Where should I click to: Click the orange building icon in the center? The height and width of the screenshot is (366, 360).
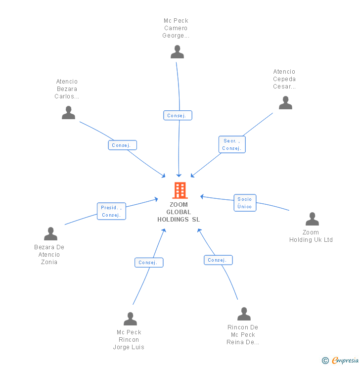[180, 190]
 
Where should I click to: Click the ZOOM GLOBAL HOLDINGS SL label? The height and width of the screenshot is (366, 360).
[179, 212]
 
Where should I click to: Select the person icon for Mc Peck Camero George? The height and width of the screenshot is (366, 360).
[177, 52]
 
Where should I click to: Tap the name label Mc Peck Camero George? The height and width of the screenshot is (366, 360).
[176, 28]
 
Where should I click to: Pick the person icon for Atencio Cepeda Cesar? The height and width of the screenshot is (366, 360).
[285, 103]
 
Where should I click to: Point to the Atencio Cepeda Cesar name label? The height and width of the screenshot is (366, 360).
[284, 79]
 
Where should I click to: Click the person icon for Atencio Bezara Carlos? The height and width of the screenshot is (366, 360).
[68, 113]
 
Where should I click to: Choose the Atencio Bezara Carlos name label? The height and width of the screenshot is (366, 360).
[67, 89]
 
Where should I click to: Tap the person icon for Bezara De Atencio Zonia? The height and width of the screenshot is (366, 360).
[50, 234]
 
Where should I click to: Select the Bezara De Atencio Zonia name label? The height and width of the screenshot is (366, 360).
[49, 255]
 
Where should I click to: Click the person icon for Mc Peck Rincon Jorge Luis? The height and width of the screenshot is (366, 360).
[130, 319]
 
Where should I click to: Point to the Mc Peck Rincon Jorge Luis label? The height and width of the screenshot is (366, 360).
[129, 340]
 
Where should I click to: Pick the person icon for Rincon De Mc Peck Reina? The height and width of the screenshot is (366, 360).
[244, 314]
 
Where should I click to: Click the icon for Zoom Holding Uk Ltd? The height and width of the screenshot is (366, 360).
[312, 219]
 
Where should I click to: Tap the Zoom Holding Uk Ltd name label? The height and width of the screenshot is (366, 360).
[311, 236]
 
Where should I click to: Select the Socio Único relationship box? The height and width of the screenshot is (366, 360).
[245, 203]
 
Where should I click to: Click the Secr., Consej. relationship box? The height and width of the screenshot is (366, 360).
[231, 144]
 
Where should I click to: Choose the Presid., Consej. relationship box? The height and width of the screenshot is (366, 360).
[111, 211]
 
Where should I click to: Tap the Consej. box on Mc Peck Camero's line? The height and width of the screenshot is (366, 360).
[178, 115]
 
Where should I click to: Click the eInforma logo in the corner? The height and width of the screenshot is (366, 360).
[341, 361]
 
